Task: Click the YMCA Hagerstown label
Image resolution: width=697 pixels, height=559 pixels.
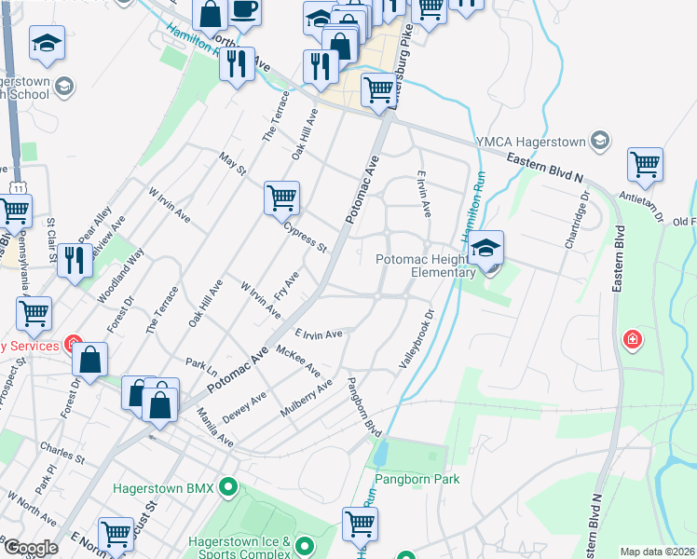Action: click(529, 142)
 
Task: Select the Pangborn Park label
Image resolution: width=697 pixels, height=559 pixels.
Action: click(417, 480)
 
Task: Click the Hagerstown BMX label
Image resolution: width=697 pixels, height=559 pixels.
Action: click(163, 487)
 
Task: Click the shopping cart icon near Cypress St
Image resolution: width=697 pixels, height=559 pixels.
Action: click(280, 198)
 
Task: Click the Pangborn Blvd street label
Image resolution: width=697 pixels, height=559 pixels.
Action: click(364, 407)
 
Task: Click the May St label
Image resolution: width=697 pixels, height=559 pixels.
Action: click(233, 165)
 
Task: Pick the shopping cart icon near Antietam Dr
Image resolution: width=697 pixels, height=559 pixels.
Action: click(645, 165)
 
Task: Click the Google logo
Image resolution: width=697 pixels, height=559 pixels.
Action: click(32, 547)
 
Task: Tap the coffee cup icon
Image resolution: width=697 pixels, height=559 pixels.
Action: click(245, 10)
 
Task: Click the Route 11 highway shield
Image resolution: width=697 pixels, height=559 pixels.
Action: click(20, 188)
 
